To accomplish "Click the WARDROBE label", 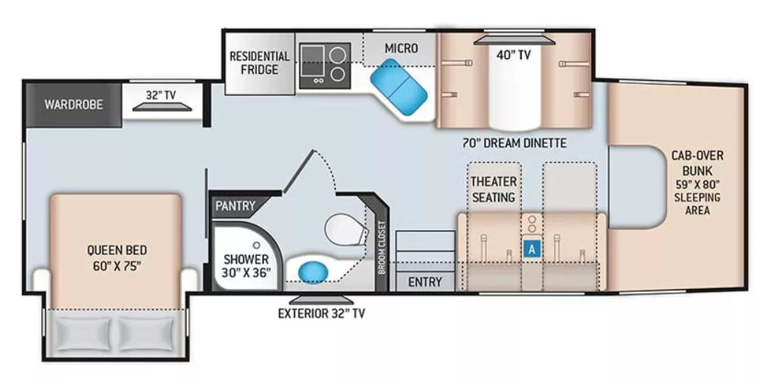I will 74,104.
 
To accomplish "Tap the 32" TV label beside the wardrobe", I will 165,94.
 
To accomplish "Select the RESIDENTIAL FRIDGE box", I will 258,63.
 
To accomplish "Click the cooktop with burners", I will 325,63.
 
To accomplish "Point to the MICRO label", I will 401,49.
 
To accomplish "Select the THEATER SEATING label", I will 494,189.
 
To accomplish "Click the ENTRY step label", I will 425,282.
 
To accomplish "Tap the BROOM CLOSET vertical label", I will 381,248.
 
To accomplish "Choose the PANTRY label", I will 235,206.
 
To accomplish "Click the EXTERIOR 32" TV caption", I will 321,313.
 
